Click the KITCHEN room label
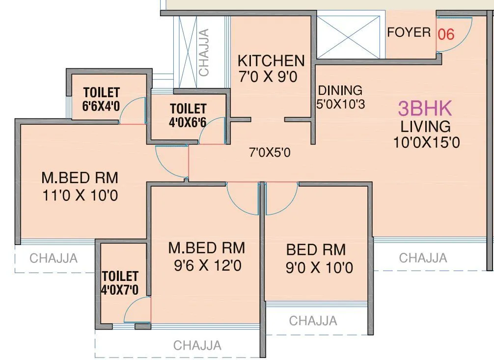point(271,61)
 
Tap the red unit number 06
point(446,34)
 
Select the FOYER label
point(409,33)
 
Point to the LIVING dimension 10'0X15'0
point(426,142)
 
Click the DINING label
point(340,90)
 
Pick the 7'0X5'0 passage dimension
point(270,153)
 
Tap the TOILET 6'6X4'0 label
point(102,99)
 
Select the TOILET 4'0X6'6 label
point(188,115)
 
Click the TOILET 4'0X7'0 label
point(120,283)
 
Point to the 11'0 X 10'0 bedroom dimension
point(80,196)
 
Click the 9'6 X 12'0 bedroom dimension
point(207,266)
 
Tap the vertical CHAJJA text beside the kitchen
point(204,52)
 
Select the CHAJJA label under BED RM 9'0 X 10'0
point(313,321)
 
